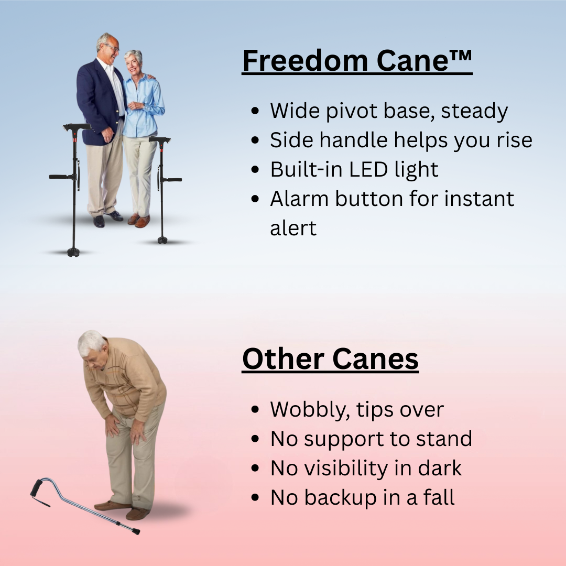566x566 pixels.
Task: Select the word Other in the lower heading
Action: pyautogui.click(x=283, y=360)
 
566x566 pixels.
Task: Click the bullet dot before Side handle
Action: pyautogui.click(x=255, y=141)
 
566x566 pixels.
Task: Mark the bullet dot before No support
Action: pyautogui.click(x=255, y=439)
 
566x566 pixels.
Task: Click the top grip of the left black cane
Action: pyautogui.click(x=77, y=127)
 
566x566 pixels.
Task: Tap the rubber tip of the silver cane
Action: pyautogui.click(x=135, y=531)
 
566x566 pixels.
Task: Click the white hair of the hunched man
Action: pyautogui.click(x=90, y=342)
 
